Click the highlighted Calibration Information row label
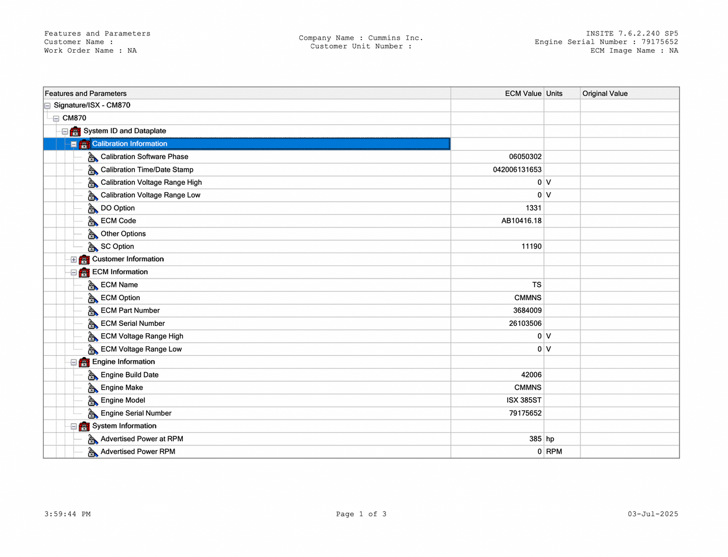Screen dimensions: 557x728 coord(130,144)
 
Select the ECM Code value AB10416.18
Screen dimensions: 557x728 coord(521,221)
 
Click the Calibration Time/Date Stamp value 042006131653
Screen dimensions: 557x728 coord(517,170)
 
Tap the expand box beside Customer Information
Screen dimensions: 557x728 coord(74,260)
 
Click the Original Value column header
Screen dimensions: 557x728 coord(604,94)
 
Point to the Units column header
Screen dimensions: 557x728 coord(554,94)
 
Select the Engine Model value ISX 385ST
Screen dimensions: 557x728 coord(524,400)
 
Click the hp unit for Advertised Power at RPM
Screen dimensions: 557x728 coord(550,439)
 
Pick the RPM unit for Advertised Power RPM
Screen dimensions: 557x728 coord(554,452)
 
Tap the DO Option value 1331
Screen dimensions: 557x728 coord(533,208)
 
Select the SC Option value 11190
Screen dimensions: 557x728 coord(531,247)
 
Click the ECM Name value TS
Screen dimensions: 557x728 coord(537,285)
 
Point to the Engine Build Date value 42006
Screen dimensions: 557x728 coord(531,375)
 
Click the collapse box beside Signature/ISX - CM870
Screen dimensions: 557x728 coord(47,106)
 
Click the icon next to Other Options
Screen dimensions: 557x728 coord(93,234)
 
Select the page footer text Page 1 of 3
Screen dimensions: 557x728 coord(361,514)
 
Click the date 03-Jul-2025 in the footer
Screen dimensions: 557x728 coord(653,514)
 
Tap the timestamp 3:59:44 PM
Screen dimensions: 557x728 coord(67,514)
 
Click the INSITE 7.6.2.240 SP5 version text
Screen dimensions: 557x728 coord(632,34)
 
